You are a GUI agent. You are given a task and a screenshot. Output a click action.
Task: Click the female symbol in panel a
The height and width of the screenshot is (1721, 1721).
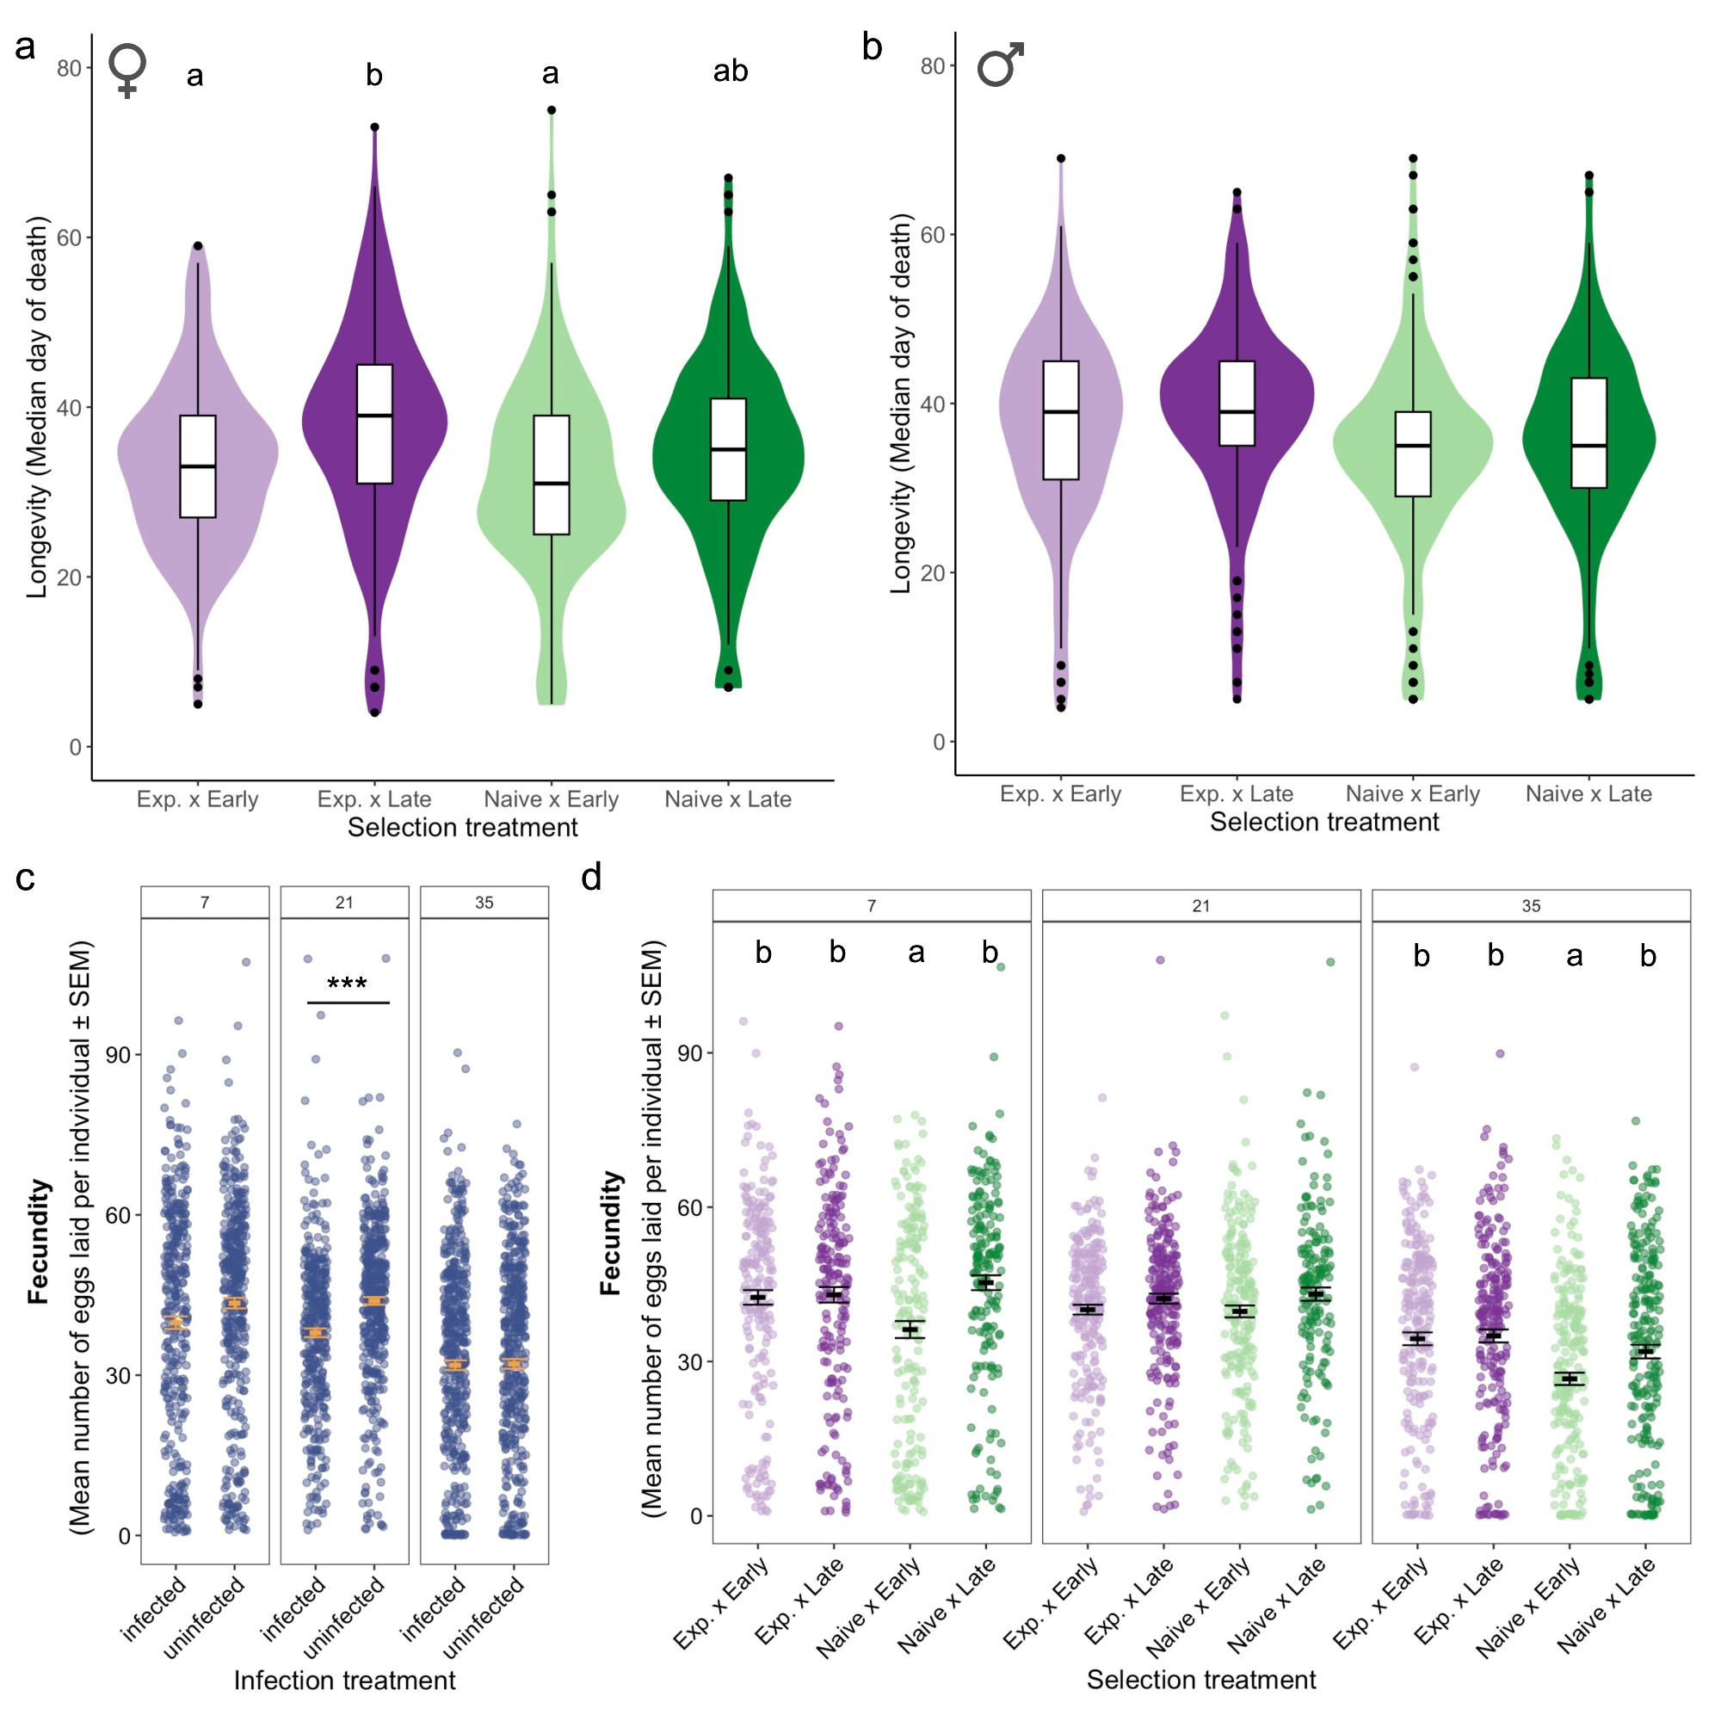(x=127, y=71)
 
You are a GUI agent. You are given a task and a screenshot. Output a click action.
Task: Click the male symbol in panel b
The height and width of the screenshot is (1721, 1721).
(x=999, y=66)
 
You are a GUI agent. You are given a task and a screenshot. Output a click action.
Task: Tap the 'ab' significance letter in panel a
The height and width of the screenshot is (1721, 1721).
(x=730, y=71)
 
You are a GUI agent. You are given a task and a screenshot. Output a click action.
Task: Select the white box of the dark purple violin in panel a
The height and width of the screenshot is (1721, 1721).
(x=374, y=424)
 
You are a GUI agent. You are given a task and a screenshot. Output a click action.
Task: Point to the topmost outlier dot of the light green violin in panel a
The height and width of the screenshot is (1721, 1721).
(x=552, y=110)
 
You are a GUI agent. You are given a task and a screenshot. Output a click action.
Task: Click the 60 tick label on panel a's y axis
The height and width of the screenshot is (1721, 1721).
(x=69, y=237)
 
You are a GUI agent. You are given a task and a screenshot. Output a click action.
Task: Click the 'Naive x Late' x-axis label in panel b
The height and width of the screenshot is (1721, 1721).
(x=1588, y=793)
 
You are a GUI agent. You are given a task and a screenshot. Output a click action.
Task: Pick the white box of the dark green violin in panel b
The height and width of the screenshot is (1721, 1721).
(x=1588, y=433)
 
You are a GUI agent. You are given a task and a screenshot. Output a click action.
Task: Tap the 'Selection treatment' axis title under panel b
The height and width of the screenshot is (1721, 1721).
(x=1323, y=822)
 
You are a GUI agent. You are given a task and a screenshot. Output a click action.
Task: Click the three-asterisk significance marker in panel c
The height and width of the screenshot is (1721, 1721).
(x=347, y=984)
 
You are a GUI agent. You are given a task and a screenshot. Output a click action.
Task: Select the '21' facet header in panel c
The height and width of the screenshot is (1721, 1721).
(x=345, y=903)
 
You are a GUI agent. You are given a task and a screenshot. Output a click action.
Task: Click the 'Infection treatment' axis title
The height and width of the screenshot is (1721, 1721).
(x=344, y=1680)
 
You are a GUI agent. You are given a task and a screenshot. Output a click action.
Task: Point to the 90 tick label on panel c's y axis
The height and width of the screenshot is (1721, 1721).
(x=118, y=1055)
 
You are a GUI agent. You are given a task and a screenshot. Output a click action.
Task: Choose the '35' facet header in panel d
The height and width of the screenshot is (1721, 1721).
(x=1530, y=906)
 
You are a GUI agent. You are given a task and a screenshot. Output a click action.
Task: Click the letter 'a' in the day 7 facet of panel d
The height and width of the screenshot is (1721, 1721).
(x=916, y=953)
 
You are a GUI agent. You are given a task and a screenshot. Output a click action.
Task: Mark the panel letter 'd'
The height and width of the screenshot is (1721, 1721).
(x=591, y=878)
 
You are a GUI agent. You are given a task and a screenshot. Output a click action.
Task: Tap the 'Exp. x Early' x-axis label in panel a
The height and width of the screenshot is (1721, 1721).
(x=197, y=799)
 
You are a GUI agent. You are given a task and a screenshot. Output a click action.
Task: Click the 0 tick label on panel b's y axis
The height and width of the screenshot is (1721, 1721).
(x=938, y=742)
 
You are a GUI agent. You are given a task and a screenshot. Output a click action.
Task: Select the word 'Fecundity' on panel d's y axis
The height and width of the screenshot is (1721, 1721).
(x=610, y=1233)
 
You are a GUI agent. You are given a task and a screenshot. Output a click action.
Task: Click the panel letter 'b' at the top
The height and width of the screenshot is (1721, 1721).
(x=872, y=46)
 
